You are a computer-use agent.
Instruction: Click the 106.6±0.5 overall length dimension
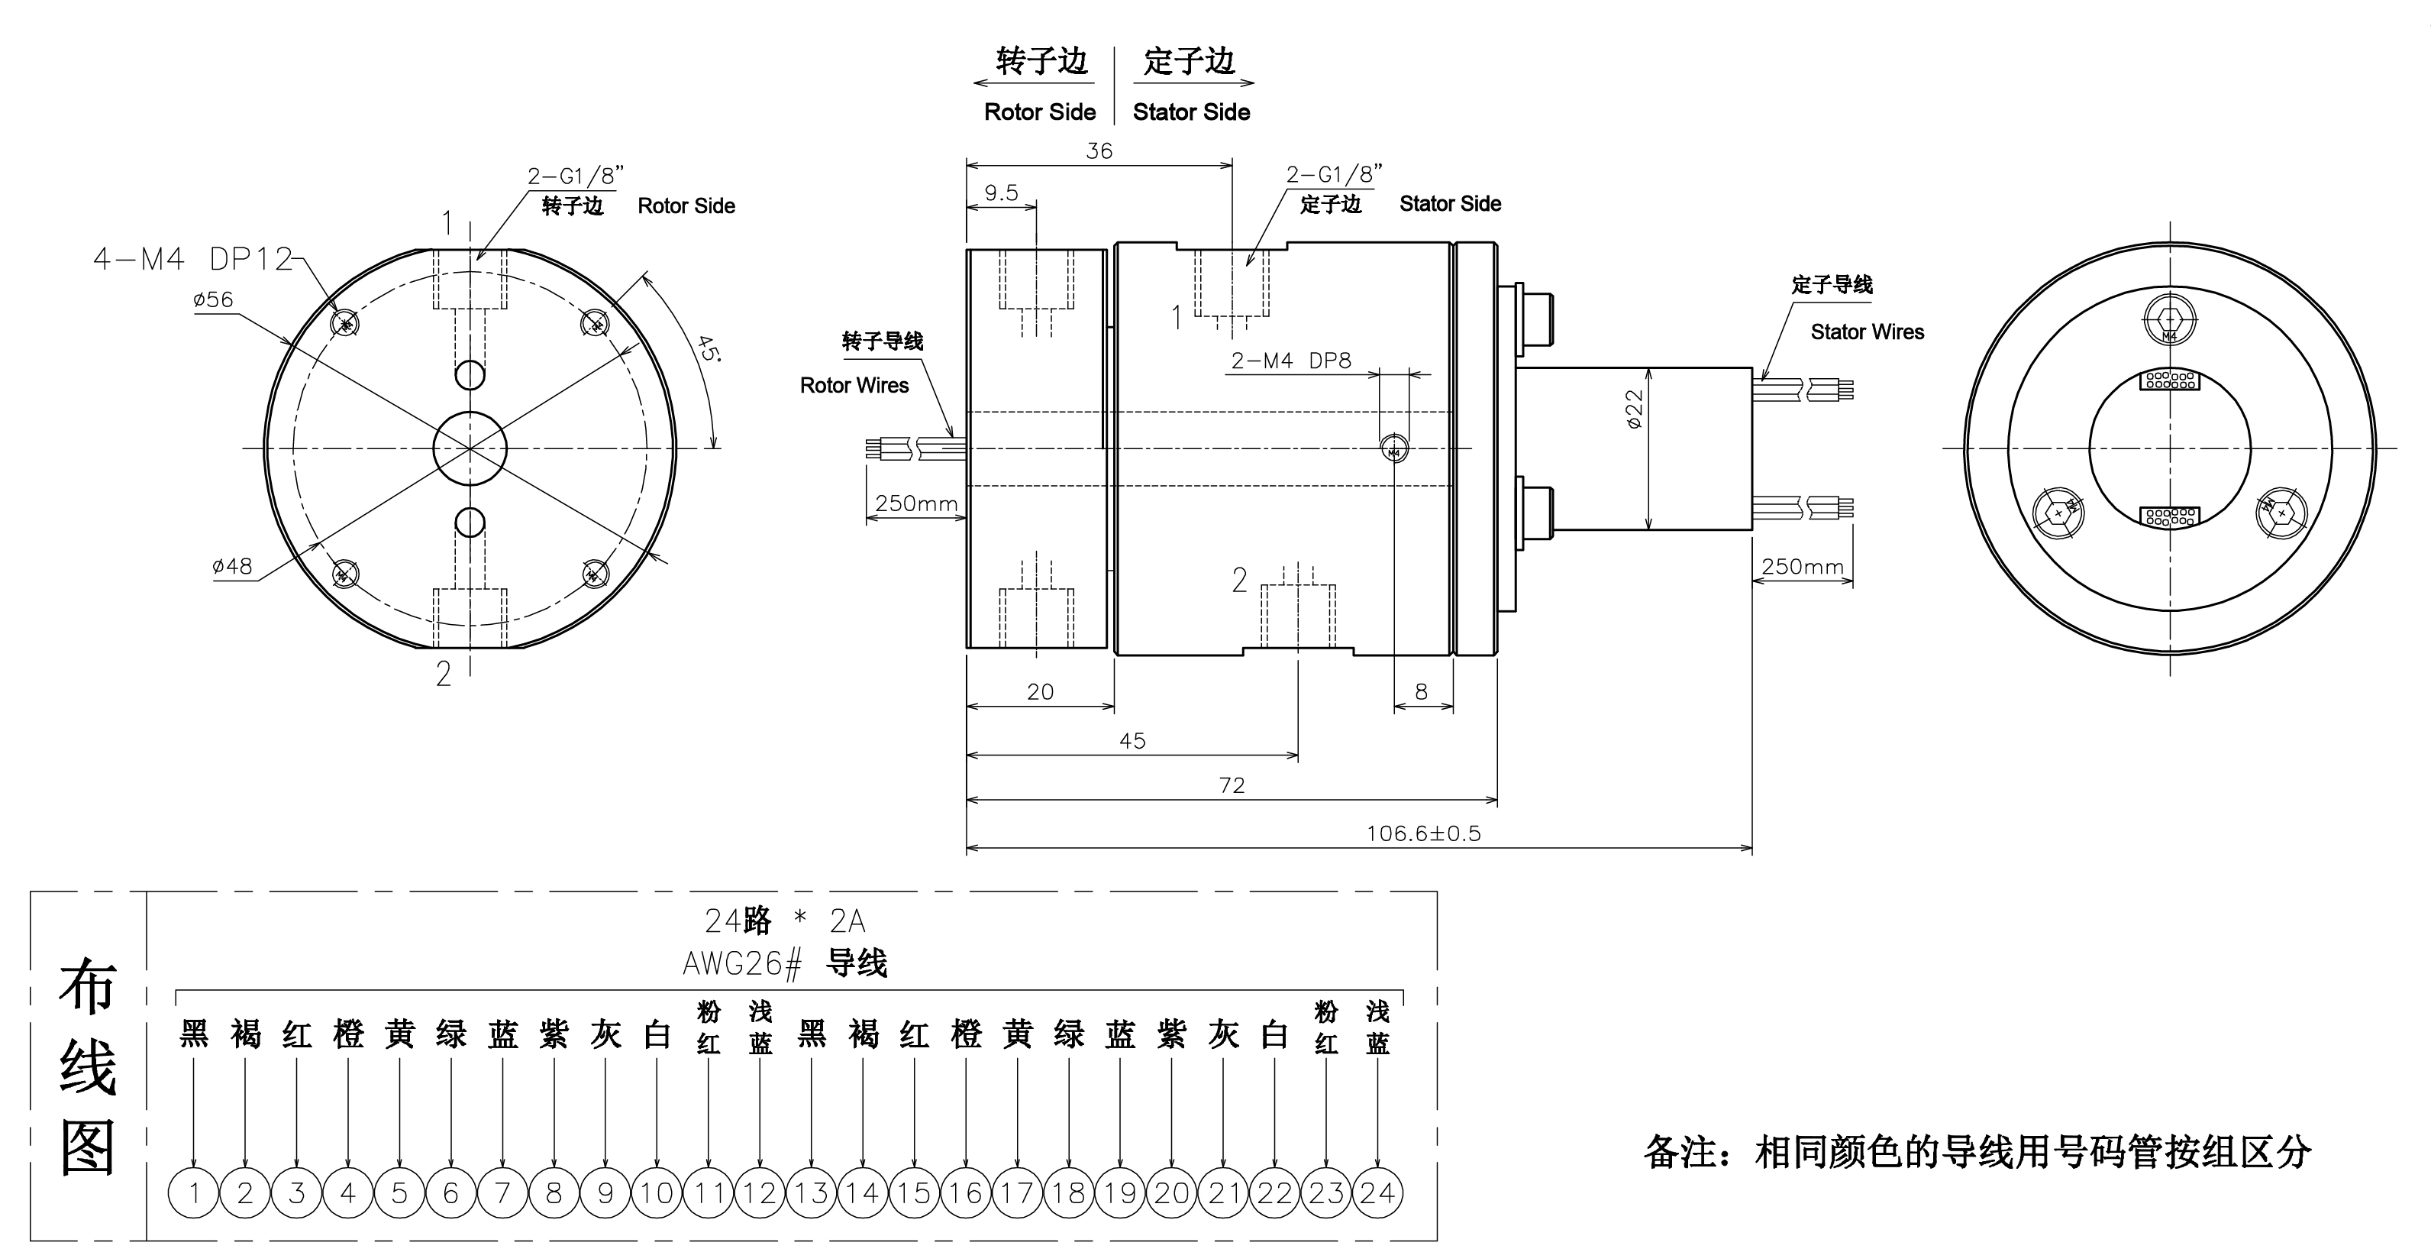[1423, 833]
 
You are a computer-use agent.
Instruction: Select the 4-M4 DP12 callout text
[192, 259]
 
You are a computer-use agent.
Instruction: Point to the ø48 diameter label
[232, 565]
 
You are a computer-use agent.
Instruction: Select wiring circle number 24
[1378, 1193]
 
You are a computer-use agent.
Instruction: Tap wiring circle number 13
[812, 1193]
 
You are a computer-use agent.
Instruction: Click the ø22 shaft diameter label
[1635, 409]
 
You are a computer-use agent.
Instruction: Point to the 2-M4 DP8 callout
[1291, 361]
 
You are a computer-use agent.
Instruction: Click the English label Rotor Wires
[854, 385]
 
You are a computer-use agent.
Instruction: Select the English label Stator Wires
[1867, 332]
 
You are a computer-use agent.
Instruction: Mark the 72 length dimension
[1232, 785]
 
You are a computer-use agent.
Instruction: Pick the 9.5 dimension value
[1001, 193]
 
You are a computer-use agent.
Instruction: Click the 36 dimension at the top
[1099, 151]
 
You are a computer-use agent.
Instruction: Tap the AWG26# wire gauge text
[742, 964]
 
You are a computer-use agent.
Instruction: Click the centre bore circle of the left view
[470, 448]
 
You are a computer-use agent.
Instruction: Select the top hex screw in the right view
[2170, 321]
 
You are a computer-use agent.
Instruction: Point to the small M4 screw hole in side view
[1395, 449]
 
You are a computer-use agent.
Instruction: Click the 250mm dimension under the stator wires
[1803, 566]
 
